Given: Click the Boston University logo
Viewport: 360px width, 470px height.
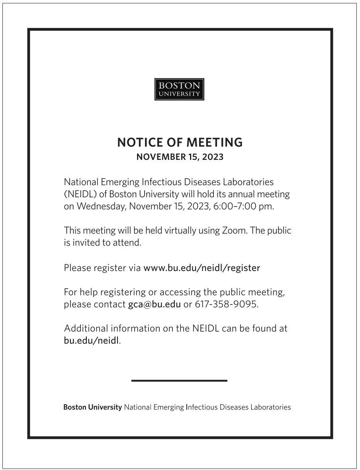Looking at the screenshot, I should pyautogui.click(x=179, y=89).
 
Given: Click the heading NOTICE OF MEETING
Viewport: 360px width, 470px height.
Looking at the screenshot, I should pyautogui.click(x=180, y=142).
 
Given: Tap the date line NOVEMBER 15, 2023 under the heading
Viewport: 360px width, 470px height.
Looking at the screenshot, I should pyautogui.click(x=180, y=157).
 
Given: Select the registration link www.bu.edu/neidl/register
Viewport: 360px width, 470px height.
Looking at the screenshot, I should pyautogui.click(x=202, y=268).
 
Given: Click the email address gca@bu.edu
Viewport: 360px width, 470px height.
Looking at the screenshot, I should pyautogui.click(x=154, y=305).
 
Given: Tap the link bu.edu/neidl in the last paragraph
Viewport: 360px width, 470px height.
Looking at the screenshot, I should pyautogui.click(x=91, y=341).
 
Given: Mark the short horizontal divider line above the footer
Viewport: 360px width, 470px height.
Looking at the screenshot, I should pyautogui.click(x=179, y=381).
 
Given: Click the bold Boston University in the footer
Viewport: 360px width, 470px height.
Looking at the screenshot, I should pyautogui.click(x=92, y=407).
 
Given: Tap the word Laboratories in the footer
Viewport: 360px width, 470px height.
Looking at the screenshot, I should pyautogui.click(x=270, y=407).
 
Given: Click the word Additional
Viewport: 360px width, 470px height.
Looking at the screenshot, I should pyautogui.click(x=86, y=329).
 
